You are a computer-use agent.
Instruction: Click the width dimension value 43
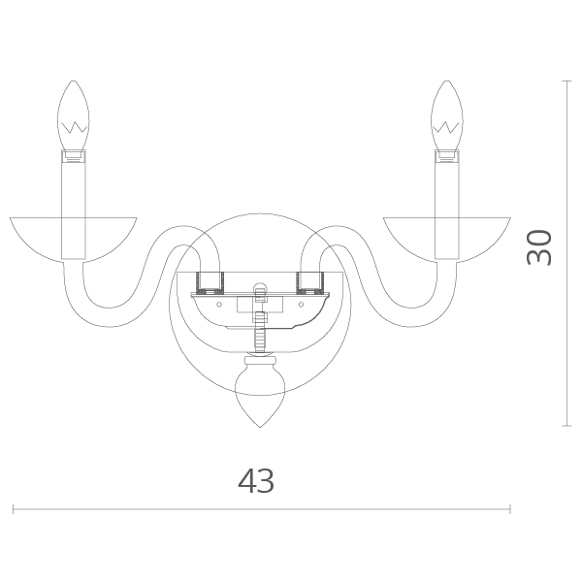click(x=256, y=480)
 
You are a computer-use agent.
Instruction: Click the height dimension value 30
click(x=539, y=247)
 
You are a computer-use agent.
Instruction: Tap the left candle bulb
click(x=74, y=115)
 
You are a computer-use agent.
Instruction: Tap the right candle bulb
click(x=446, y=115)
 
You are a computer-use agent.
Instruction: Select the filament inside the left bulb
click(x=74, y=127)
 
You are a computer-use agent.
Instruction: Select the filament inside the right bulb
click(x=446, y=127)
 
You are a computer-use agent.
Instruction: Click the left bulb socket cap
click(x=74, y=156)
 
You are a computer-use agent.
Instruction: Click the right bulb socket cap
click(x=447, y=156)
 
